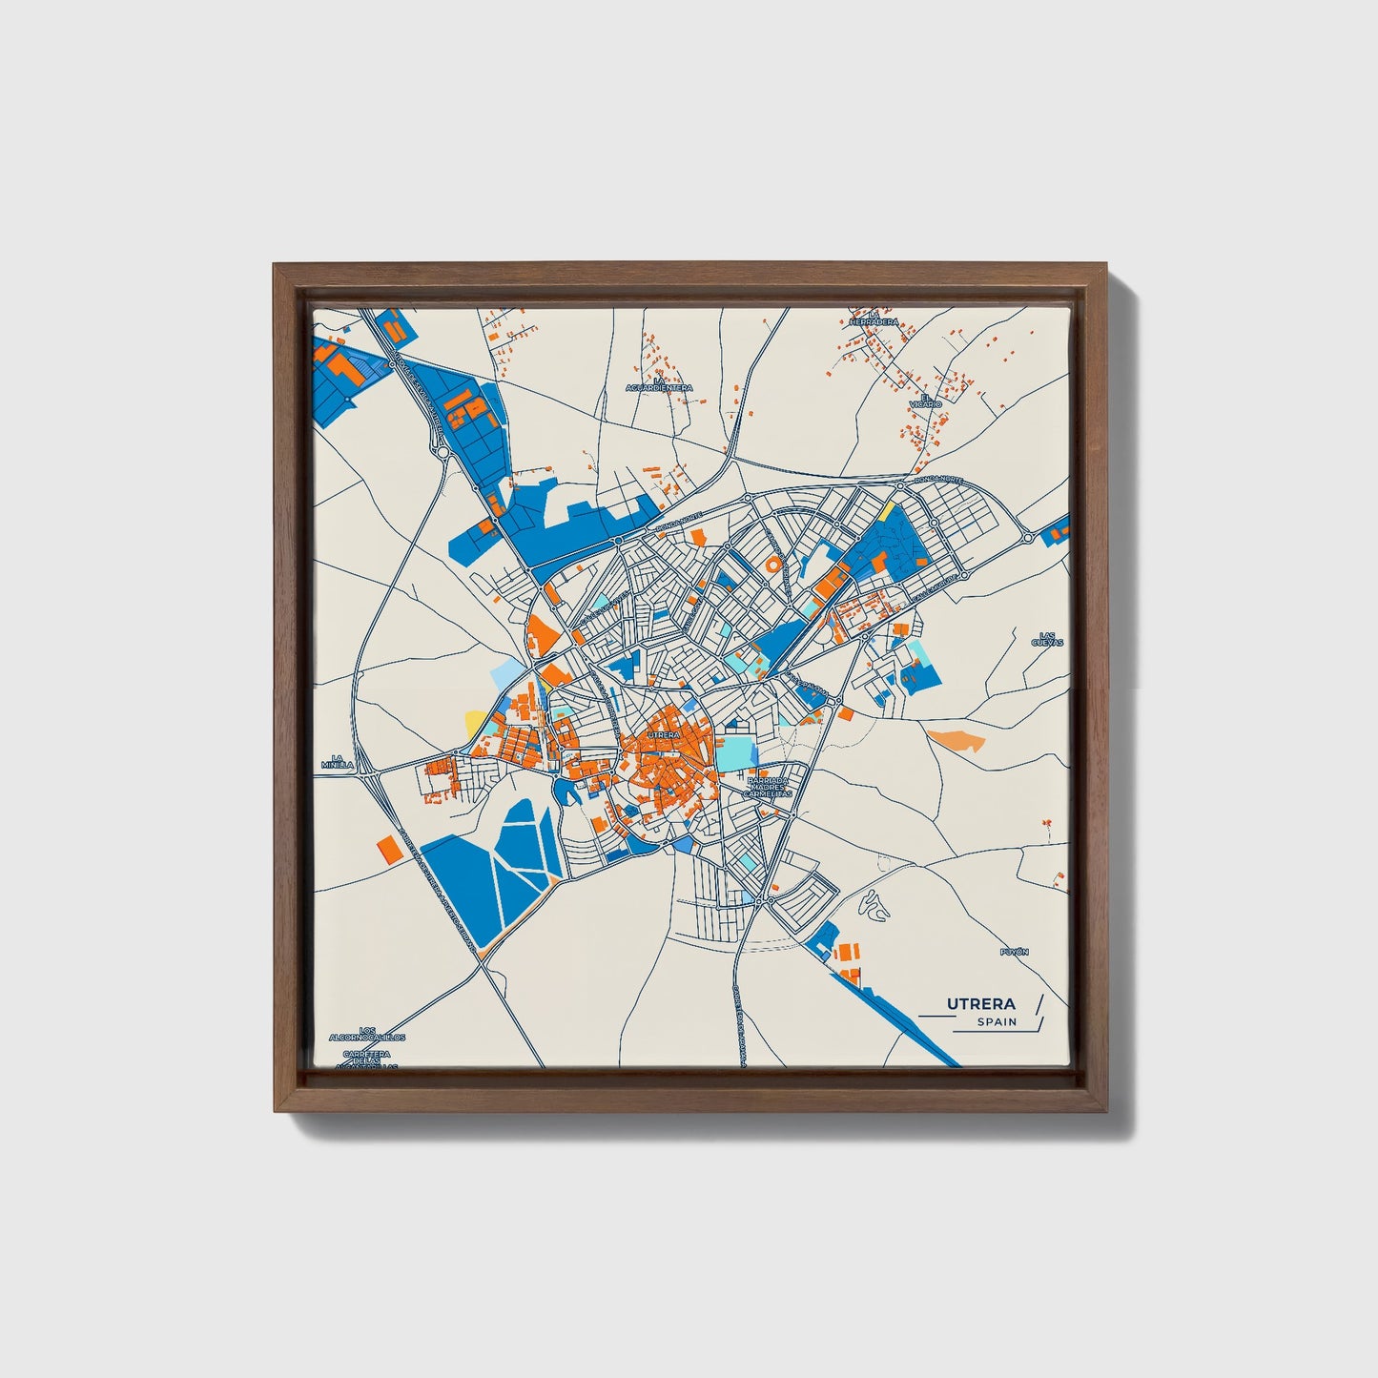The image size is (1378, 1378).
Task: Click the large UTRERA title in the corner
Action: pos(980,1003)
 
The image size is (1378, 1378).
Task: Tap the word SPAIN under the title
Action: pos(997,1022)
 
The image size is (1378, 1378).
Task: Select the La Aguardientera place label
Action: pos(659,384)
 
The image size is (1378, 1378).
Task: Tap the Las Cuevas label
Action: pos(1046,638)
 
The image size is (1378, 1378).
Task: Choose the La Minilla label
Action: pos(337,761)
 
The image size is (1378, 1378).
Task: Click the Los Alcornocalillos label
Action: pos(367,1034)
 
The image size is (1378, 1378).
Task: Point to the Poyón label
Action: pos(1015,952)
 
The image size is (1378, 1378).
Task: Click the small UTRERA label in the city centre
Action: pos(663,735)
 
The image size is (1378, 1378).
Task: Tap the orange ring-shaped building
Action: pos(772,565)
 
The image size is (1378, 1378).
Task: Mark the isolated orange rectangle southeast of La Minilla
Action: pos(387,848)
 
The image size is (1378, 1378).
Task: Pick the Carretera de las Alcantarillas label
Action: pos(367,1060)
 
